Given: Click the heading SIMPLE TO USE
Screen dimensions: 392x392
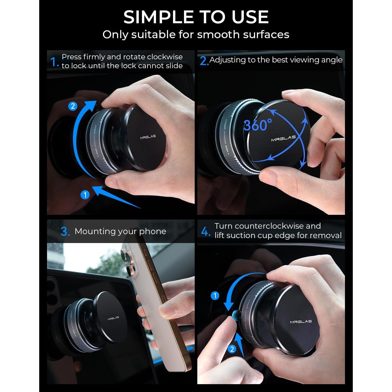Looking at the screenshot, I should (196, 17).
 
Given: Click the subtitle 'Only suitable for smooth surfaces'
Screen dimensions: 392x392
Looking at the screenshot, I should (196, 34).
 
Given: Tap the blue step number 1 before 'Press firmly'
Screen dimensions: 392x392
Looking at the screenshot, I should (54, 62).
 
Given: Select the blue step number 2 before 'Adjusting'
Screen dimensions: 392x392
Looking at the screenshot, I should (204, 61).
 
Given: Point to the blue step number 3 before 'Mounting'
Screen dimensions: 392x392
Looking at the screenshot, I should (65, 232).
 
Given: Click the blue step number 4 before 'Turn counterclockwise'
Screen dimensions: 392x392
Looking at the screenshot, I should (205, 231).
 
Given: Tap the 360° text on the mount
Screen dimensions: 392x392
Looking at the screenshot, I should (258, 125).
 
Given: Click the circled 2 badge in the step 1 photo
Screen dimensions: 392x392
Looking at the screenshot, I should (73, 106).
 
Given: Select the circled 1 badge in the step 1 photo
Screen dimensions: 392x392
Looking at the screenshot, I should (85, 195).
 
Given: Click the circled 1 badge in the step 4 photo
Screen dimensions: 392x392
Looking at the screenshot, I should (215, 296).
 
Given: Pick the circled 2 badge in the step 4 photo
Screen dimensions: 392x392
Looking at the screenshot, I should (232, 349).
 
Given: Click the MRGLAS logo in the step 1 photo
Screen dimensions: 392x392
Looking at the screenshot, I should (148, 137).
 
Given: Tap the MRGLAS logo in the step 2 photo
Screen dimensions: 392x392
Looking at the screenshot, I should (283, 138).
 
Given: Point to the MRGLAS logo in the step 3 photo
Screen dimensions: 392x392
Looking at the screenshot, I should (113, 318).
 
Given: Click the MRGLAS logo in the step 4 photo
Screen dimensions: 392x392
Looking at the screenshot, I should (301, 321).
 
